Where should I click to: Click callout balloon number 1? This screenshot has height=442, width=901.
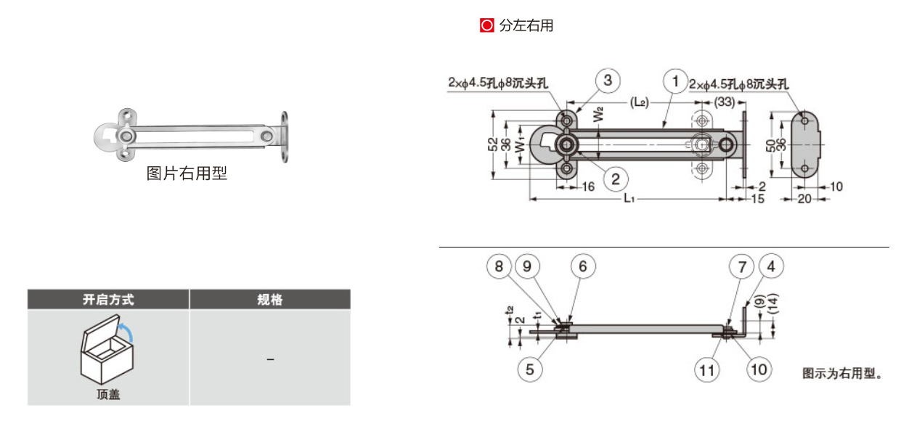click(x=675, y=81)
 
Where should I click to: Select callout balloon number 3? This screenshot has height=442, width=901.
click(x=608, y=81)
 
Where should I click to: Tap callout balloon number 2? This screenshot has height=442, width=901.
click(x=616, y=177)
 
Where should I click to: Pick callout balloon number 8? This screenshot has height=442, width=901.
click(x=499, y=266)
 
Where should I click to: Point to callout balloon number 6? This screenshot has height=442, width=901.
click(x=583, y=266)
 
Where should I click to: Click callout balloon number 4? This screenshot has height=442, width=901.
click(x=770, y=266)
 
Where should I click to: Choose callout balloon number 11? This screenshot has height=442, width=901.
click(x=706, y=370)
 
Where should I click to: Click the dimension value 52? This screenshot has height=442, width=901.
click(x=493, y=144)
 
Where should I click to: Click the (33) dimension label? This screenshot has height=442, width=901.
click(x=724, y=102)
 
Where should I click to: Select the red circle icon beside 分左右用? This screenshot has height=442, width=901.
click(x=486, y=25)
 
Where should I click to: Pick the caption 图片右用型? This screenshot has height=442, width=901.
click(x=187, y=173)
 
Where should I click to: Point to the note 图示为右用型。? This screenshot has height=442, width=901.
click(x=842, y=374)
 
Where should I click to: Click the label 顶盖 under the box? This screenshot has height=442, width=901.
click(x=108, y=395)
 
